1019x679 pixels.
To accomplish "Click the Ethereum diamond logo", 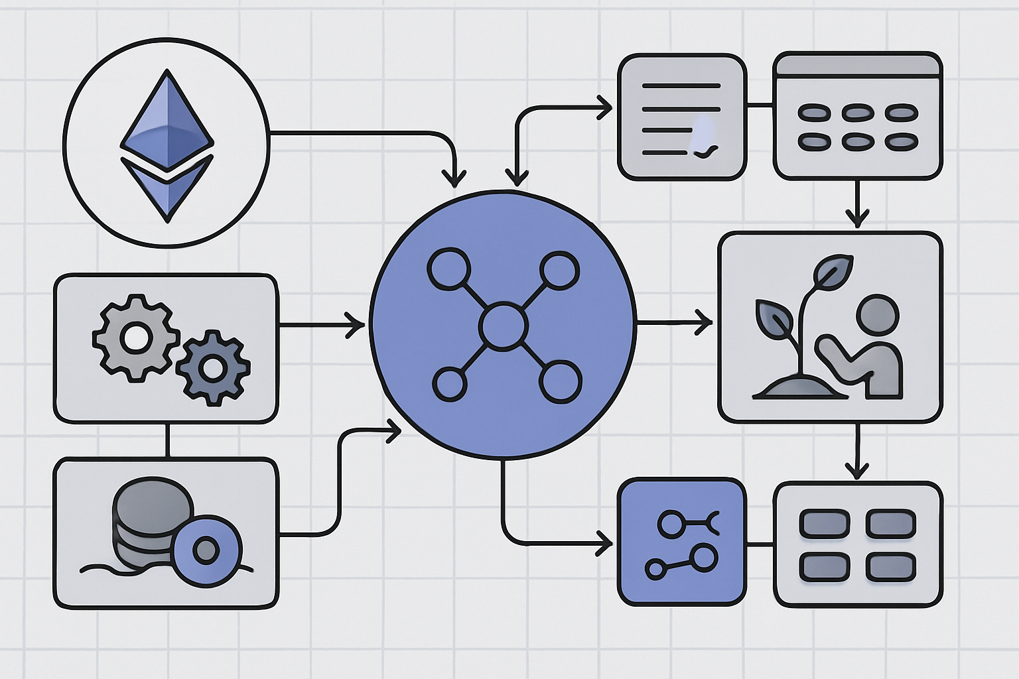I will (167, 143).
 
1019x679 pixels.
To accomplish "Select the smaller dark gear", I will (213, 367).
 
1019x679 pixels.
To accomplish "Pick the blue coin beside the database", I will (206, 549).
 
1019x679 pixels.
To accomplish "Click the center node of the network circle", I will (504, 326).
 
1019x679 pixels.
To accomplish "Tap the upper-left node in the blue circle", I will (449, 269).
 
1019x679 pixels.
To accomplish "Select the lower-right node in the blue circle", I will (561, 383).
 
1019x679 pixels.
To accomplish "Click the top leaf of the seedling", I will (833, 270).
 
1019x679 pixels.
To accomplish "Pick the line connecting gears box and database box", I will (168, 440).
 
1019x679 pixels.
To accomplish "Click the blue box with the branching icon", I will (681, 541).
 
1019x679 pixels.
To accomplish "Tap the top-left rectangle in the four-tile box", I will (824, 523).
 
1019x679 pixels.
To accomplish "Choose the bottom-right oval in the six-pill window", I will (901, 141).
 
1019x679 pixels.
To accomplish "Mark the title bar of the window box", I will (857, 65).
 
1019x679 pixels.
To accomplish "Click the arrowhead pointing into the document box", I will (605, 107).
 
